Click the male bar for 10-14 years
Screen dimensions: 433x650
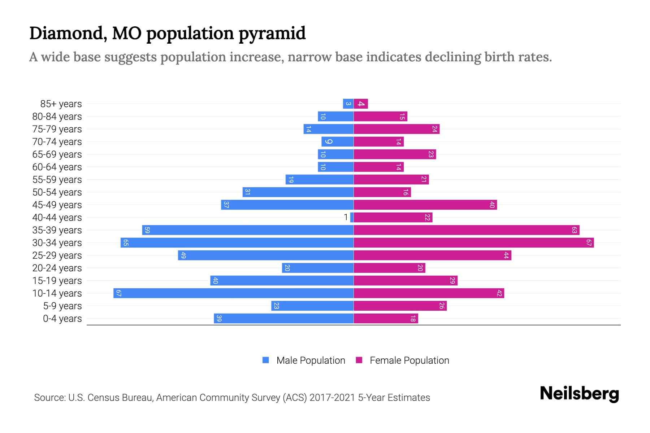tap(233, 293)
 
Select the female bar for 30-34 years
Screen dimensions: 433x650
tap(473, 242)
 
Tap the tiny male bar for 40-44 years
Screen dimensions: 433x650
tap(352, 217)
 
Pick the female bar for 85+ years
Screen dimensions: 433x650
tap(361, 104)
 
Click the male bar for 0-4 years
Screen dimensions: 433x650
tap(283, 318)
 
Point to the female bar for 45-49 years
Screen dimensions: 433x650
tap(425, 205)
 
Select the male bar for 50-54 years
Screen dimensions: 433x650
tap(298, 192)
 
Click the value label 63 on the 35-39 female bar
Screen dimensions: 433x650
tap(574, 230)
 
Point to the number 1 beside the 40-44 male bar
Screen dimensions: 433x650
tap(346, 217)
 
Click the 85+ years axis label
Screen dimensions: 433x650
tap(61, 104)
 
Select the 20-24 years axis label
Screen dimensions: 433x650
tap(57, 268)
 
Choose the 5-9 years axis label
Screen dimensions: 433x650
tap(62, 306)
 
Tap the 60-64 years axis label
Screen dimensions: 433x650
tap(57, 167)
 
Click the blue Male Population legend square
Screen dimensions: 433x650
tap(266, 360)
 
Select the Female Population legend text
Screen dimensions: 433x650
tap(409, 360)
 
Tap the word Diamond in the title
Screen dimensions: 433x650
tap(68, 33)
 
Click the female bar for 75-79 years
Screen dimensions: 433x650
tap(396, 129)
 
